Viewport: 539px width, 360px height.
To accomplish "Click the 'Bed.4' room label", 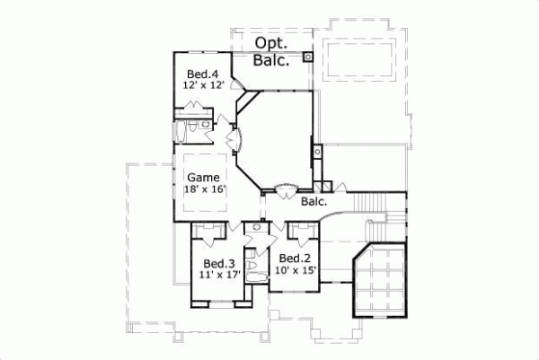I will (x=202, y=74).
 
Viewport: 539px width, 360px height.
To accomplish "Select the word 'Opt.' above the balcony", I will (x=270, y=43).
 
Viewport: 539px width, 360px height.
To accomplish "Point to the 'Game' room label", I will (x=203, y=177).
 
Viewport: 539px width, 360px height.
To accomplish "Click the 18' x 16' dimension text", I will (x=204, y=189).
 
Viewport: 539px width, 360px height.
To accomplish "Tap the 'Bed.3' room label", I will (x=218, y=263).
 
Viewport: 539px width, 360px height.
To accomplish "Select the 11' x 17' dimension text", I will (x=218, y=276).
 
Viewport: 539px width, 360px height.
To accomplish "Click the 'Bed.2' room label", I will (x=296, y=259).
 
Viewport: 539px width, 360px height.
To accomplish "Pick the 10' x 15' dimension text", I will (x=297, y=270).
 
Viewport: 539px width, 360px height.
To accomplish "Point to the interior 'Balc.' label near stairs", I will (x=314, y=202).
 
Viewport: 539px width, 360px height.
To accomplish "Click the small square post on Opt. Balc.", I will (x=307, y=56).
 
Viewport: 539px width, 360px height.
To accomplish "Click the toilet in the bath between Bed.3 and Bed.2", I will (x=254, y=268).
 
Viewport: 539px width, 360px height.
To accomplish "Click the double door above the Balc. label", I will (x=285, y=189).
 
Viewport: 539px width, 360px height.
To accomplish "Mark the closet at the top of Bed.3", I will (x=212, y=233).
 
